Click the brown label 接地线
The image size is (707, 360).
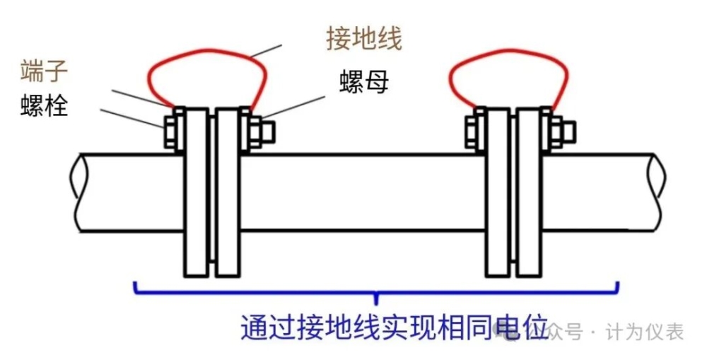tap(364, 38)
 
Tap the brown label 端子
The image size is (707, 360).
tap(44, 71)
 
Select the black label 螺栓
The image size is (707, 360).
tap(44, 106)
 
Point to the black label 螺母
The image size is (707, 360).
tap(364, 81)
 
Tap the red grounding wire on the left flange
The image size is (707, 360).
tap(207, 50)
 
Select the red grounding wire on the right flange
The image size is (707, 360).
tap(508, 50)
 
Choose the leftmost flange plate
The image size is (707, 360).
tap(196, 192)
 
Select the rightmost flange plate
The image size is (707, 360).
tap(528, 192)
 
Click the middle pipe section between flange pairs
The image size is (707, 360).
tap(363, 192)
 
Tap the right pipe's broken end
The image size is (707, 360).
tap(658, 192)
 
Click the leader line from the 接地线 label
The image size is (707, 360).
tap(266, 51)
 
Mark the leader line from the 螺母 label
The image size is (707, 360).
tap(293, 108)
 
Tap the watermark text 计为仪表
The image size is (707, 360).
tap(645, 332)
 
